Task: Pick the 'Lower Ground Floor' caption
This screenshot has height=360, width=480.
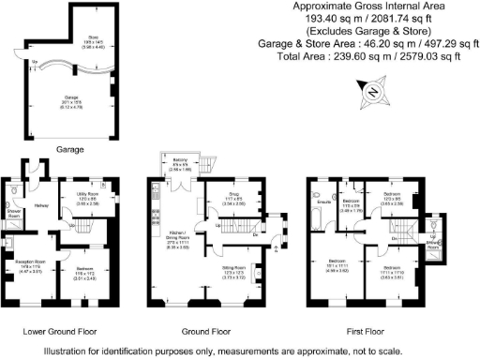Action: click(x=59, y=331)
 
